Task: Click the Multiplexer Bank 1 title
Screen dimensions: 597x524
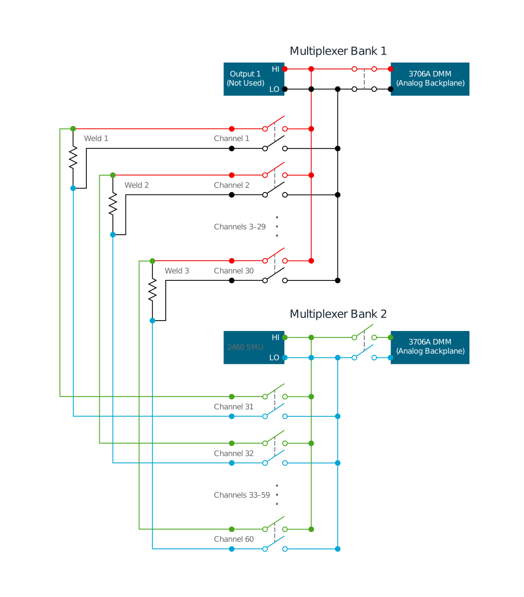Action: tap(338, 51)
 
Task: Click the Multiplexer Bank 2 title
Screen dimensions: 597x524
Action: tap(338, 314)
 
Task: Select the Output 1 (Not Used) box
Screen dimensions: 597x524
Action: tap(246, 79)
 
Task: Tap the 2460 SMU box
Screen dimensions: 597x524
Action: tap(245, 347)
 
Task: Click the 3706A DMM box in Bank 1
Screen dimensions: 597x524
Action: tap(430, 79)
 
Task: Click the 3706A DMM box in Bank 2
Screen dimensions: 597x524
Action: tap(430, 347)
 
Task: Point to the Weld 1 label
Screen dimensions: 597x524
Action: tap(96, 138)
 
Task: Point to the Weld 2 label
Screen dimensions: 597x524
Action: tap(136, 185)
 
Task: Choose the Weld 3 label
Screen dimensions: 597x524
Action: tap(177, 271)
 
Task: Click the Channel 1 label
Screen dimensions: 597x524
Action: tap(232, 138)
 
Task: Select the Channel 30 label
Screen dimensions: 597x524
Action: tap(234, 271)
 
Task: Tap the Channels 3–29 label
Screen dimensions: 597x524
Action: tap(240, 227)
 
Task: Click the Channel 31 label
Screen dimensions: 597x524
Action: tap(234, 407)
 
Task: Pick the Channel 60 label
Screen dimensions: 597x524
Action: tap(234, 539)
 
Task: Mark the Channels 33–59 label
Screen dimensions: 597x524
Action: tap(242, 495)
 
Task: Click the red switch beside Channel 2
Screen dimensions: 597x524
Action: tap(275, 169)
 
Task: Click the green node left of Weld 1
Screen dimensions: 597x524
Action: tap(73, 129)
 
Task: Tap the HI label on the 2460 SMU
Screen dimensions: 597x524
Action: tap(275, 337)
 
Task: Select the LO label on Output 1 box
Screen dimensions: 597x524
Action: tap(274, 90)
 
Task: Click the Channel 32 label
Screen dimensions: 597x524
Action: tap(234, 454)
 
